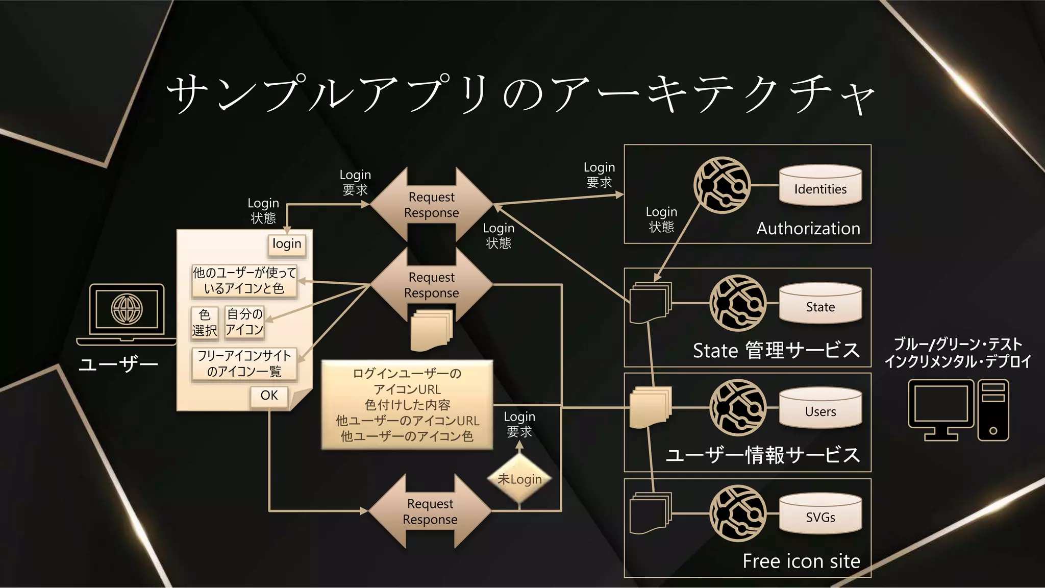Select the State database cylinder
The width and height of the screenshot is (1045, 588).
[820, 304]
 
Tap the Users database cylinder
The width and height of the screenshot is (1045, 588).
[820, 409]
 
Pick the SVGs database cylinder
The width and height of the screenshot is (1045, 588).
[820, 514]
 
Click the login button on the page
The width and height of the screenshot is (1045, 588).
[287, 244]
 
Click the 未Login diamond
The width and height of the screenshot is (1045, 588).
[519, 479]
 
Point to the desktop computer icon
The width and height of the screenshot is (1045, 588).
[958, 410]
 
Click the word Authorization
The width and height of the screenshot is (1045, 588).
[808, 228]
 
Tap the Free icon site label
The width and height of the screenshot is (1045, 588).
[801, 561]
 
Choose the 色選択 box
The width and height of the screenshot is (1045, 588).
[205, 323]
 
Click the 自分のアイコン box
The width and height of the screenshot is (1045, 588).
[244, 322]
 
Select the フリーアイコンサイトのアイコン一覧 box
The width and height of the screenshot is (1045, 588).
[244, 363]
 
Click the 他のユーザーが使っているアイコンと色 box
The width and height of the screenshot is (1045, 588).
[244, 281]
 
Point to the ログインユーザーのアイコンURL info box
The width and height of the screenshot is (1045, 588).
[407, 405]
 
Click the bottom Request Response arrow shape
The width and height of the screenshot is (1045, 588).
[430, 511]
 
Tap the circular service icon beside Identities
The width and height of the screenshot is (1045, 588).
[722, 185]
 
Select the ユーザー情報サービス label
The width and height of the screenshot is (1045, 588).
[763, 454]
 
